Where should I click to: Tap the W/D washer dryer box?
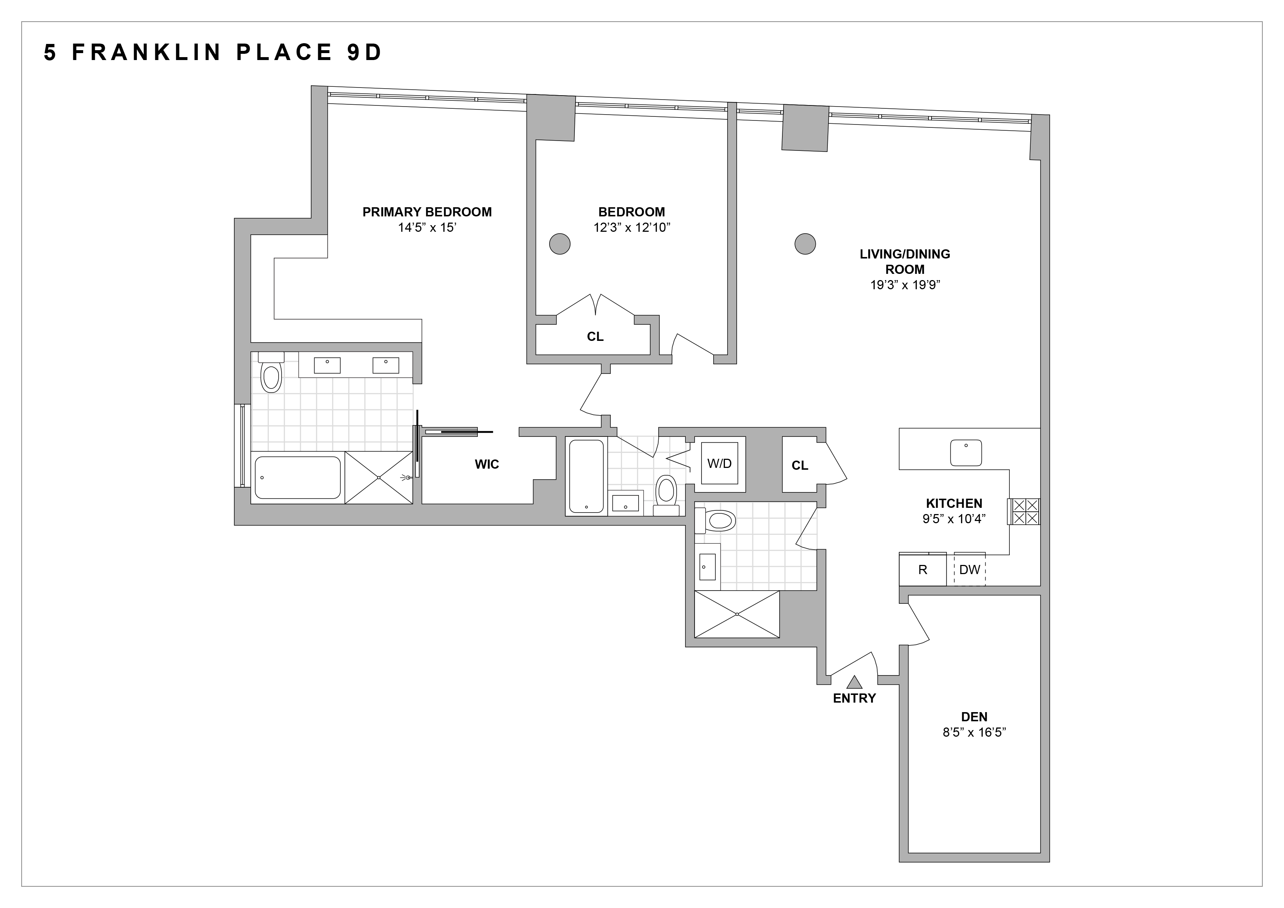(719, 464)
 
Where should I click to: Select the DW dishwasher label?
(970, 570)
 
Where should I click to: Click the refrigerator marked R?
(923, 570)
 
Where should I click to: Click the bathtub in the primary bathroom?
(298, 477)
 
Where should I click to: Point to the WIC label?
(487, 464)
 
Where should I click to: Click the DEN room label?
(974, 717)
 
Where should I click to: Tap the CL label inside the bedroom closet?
(595, 336)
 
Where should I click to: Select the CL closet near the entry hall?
(800, 465)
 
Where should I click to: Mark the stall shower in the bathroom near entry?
(737, 614)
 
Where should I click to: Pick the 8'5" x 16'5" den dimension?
(974, 732)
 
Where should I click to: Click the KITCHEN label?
(954, 503)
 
